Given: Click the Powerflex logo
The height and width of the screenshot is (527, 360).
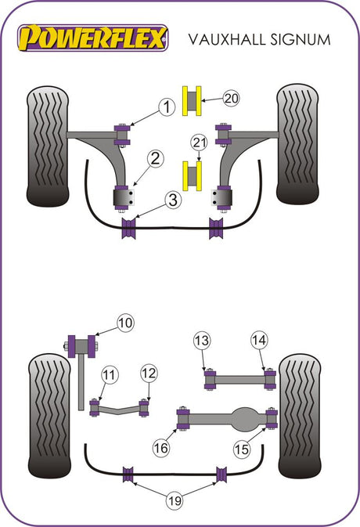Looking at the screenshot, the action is tap(92, 38).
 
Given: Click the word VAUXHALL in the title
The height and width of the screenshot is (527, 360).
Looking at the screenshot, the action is tap(226, 39).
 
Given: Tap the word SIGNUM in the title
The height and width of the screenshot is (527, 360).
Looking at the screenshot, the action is tap(301, 39).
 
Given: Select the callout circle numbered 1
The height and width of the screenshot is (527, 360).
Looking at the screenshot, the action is tap(167, 107).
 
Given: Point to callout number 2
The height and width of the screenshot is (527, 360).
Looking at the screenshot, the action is tap(155, 159).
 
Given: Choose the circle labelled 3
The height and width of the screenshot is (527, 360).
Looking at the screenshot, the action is tap(173, 200).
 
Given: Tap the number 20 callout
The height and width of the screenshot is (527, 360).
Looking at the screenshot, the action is tap(231, 99).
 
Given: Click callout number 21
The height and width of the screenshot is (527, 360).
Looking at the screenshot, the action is tap(199, 143).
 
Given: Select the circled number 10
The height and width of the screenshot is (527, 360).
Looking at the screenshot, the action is tap(125, 323).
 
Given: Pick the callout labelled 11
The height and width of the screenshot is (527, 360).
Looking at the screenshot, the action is tap(109, 375).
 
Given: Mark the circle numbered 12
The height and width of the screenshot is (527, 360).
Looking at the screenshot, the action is tap(149, 374).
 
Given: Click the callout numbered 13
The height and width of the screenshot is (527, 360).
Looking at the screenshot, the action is tap(202, 341).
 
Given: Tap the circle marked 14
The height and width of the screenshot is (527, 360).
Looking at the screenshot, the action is tap(259, 340).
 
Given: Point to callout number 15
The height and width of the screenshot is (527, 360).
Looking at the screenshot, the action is tap(242, 449).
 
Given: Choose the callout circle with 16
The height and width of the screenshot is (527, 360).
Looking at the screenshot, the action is tap(161, 448).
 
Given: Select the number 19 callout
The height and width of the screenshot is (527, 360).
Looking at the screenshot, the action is tap(175, 501).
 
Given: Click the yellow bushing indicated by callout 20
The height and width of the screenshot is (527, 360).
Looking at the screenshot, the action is tap(192, 101).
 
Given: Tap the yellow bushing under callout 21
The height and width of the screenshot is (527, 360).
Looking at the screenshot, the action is tap(192, 176).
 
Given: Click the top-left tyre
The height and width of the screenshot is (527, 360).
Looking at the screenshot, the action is tap(48, 146).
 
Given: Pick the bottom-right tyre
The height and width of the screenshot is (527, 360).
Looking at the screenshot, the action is tap(300, 416).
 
